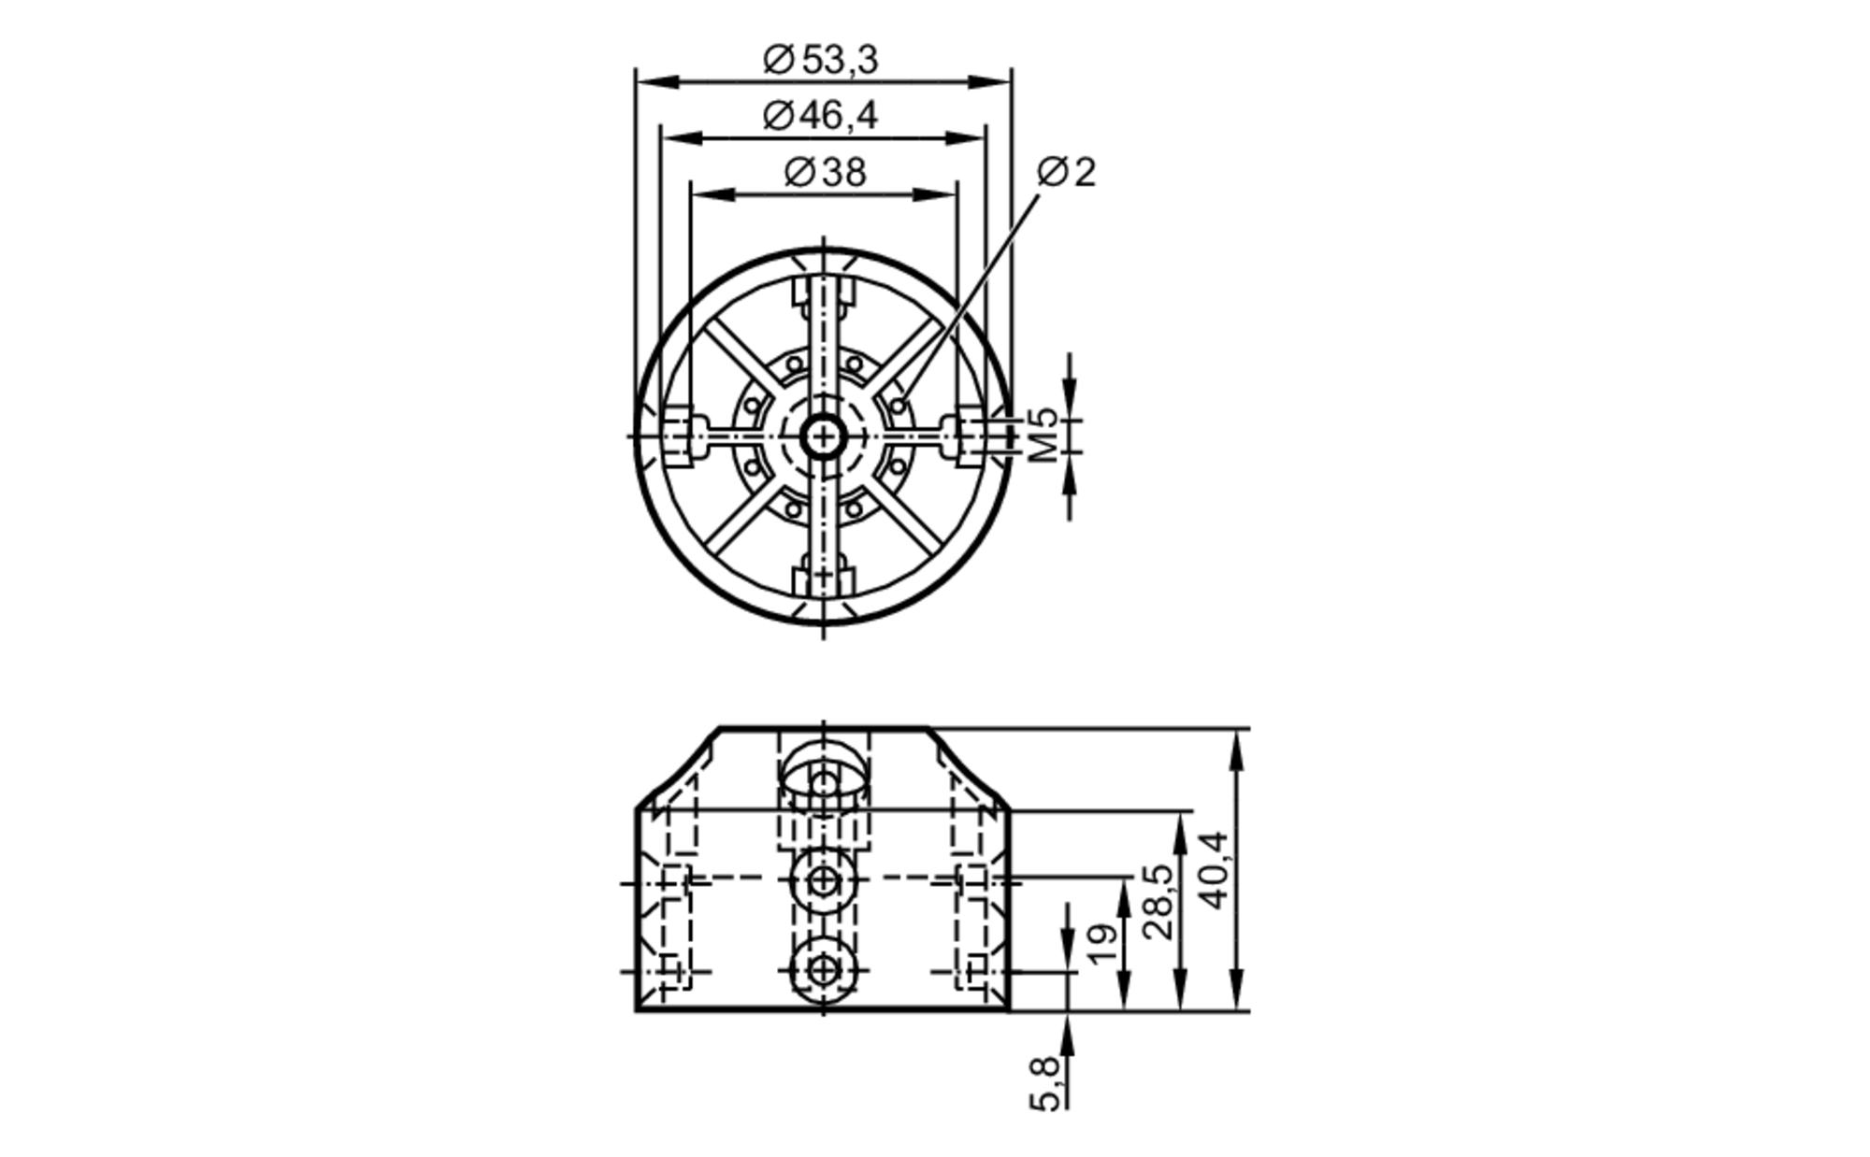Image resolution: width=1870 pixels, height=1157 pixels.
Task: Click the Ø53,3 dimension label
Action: [x=821, y=61]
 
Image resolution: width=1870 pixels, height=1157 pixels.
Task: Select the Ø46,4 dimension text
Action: [x=821, y=116]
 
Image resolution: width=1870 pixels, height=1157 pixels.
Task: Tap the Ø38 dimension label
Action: [x=825, y=173]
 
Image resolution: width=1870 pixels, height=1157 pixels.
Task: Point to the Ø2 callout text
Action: [x=1067, y=173]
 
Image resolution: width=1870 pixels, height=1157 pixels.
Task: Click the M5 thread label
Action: [x=1044, y=436]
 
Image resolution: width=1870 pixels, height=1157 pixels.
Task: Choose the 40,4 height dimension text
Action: [x=1215, y=869]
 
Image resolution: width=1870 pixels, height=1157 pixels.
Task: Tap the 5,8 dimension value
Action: [x=1045, y=1083]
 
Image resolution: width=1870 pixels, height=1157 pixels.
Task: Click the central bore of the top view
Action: [x=824, y=436]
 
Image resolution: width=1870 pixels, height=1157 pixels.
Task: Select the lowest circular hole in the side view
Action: [x=824, y=971]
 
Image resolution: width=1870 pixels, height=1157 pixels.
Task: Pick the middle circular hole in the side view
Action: [x=824, y=879]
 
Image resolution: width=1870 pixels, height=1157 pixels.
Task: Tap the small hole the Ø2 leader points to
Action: [x=899, y=406]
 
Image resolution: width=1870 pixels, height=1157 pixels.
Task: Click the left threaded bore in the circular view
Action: [x=680, y=436]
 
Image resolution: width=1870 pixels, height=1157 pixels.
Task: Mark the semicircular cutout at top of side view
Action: [x=824, y=766]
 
